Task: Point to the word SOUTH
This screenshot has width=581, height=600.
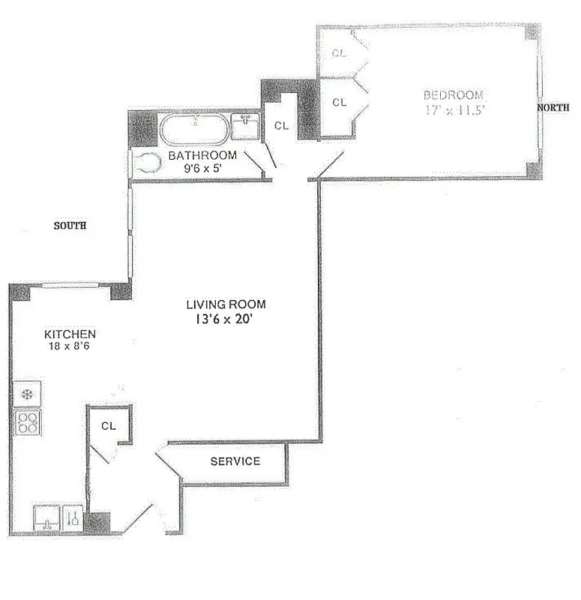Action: (x=70, y=225)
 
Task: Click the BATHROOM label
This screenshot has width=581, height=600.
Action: (x=202, y=156)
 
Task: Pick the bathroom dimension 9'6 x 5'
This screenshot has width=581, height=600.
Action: (x=202, y=169)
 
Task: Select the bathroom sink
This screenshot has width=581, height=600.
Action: (x=244, y=127)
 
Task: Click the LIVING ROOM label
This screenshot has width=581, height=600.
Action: (x=226, y=304)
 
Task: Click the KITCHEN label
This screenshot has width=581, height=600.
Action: (x=70, y=334)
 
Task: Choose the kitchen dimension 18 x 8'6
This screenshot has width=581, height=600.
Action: (x=70, y=346)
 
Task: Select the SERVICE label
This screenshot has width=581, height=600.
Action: (x=235, y=461)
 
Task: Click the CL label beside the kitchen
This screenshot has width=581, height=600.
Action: (x=109, y=425)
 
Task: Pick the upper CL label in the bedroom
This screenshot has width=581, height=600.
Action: (x=340, y=53)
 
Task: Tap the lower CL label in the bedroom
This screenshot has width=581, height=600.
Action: (x=340, y=102)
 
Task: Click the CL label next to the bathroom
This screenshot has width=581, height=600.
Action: (x=281, y=126)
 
